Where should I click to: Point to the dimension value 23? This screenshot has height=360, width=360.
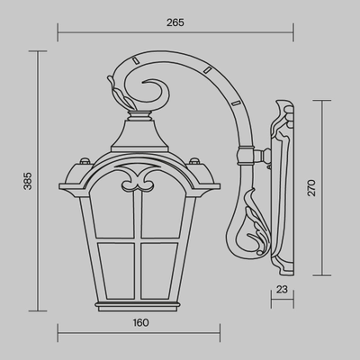[x=283, y=289]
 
